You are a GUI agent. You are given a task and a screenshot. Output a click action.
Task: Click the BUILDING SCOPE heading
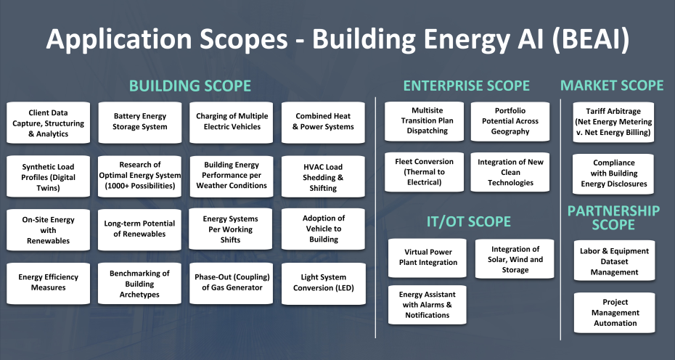point(190,86)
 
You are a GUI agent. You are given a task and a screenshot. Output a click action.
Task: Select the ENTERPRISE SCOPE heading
point(466,86)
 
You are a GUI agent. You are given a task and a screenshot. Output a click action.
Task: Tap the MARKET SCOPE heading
point(612,85)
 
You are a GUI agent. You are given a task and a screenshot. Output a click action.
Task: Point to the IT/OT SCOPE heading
point(468,221)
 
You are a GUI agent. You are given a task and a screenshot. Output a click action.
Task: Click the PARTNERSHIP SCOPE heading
point(613,218)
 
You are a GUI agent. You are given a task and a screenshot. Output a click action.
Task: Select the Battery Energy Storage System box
point(140,122)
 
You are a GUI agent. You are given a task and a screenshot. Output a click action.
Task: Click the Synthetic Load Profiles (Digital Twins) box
point(48,176)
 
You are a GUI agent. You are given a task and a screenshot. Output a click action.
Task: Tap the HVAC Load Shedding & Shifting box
point(323,176)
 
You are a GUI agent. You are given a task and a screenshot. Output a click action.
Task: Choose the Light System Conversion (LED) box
point(323,283)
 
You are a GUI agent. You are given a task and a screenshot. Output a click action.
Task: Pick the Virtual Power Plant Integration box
point(427,258)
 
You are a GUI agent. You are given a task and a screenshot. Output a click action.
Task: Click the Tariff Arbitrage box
point(613,122)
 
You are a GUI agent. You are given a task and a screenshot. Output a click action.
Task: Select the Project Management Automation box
point(614,312)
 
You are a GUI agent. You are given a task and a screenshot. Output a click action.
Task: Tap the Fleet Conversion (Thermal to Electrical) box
point(424,171)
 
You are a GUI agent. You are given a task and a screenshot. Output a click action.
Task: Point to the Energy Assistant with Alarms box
point(427,304)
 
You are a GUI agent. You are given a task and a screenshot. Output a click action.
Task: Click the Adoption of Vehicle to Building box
point(323,229)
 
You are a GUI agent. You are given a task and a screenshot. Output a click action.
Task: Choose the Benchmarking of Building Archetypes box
point(139,283)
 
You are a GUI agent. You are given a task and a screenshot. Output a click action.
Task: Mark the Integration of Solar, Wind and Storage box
point(515,259)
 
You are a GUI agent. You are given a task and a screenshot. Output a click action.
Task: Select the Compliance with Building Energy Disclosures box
point(613,173)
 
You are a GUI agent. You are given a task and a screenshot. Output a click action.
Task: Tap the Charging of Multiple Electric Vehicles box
point(232,122)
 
